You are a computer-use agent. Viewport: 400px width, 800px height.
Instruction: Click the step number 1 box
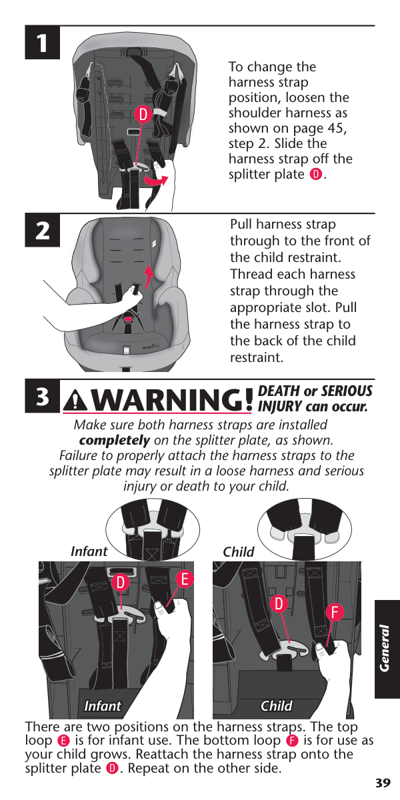(42, 43)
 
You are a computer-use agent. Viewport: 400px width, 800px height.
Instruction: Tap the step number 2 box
(42, 231)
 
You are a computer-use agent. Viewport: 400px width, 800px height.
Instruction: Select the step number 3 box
(42, 396)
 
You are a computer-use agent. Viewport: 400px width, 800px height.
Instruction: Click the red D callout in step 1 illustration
(143, 115)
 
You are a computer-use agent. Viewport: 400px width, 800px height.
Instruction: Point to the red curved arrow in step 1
(156, 180)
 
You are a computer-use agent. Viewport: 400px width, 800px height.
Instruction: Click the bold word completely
(114, 441)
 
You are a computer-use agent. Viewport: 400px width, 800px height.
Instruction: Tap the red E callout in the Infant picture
(185, 579)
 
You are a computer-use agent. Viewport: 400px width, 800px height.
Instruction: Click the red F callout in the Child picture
(335, 612)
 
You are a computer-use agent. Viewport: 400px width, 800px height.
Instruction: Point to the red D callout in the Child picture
(279, 604)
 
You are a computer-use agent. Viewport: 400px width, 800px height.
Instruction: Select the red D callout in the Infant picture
(121, 583)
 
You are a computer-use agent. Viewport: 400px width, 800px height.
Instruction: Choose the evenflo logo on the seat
(151, 346)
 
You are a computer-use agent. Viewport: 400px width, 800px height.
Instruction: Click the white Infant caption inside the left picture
(103, 706)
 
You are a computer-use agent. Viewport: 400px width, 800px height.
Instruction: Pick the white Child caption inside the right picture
(277, 706)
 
